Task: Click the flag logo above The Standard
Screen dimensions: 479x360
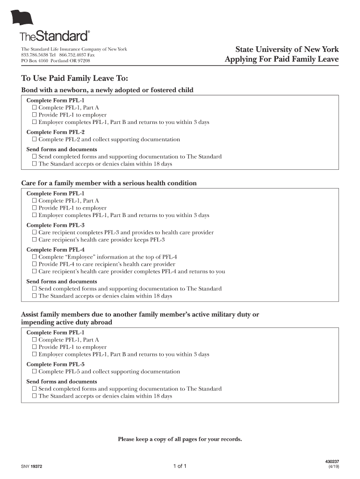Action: click(x=23, y=18)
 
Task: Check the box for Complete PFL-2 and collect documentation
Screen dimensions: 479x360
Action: click(x=34, y=139)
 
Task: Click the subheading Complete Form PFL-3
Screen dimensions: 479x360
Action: click(x=55, y=225)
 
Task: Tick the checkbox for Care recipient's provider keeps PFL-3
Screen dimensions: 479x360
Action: click(x=34, y=240)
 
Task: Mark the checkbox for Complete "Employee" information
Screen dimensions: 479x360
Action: click(x=34, y=257)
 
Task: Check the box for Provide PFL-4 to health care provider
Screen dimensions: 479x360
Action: click(x=34, y=264)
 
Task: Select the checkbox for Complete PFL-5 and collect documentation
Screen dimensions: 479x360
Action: click(x=34, y=372)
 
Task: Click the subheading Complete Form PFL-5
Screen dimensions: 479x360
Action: click(x=55, y=364)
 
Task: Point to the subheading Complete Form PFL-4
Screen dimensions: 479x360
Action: click(x=55, y=250)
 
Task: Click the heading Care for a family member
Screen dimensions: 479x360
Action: click(x=109, y=183)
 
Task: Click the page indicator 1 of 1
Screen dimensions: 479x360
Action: click(x=180, y=466)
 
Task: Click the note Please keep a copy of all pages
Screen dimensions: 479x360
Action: click(x=180, y=439)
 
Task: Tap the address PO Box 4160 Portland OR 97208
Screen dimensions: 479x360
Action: click(x=56, y=61)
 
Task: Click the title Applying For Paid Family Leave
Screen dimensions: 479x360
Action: click(x=281, y=59)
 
